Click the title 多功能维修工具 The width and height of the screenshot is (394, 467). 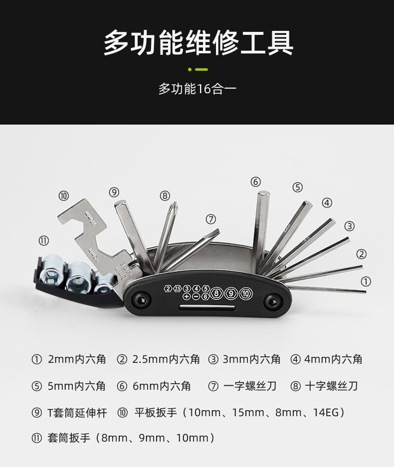[198, 43]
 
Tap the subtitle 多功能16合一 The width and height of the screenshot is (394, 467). [197, 89]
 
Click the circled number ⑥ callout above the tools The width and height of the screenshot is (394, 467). [255, 182]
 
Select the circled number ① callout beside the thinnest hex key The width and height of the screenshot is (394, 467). [365, 281]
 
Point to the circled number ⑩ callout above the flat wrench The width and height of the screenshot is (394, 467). [64, 195]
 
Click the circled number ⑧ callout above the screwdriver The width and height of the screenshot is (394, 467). [165, 195]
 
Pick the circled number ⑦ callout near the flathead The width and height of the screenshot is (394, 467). [211, 218]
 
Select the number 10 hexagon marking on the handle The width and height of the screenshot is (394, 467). [245, 294]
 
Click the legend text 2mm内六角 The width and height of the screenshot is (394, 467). [77, 359]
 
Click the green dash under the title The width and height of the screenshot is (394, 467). [201, 69]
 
